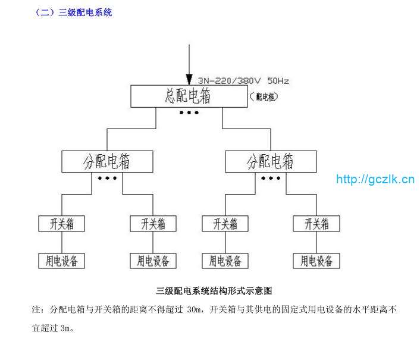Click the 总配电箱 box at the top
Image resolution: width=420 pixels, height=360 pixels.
187,96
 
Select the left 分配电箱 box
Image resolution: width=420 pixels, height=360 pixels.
107,161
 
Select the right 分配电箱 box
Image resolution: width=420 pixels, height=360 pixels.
271,161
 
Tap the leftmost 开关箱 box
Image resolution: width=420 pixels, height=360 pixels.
61,224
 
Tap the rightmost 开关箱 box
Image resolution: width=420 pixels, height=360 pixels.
316,224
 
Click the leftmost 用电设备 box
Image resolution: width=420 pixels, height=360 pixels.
61,261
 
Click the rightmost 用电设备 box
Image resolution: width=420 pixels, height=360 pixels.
316,261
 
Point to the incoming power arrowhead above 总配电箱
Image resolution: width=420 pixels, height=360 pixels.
189,80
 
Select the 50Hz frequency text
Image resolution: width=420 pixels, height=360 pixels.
278,80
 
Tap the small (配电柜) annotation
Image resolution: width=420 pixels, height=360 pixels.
264,96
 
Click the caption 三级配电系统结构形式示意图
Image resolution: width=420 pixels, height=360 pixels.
214,291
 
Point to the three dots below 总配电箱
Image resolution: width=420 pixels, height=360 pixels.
189,112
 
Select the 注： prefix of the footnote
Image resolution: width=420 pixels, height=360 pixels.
37,310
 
